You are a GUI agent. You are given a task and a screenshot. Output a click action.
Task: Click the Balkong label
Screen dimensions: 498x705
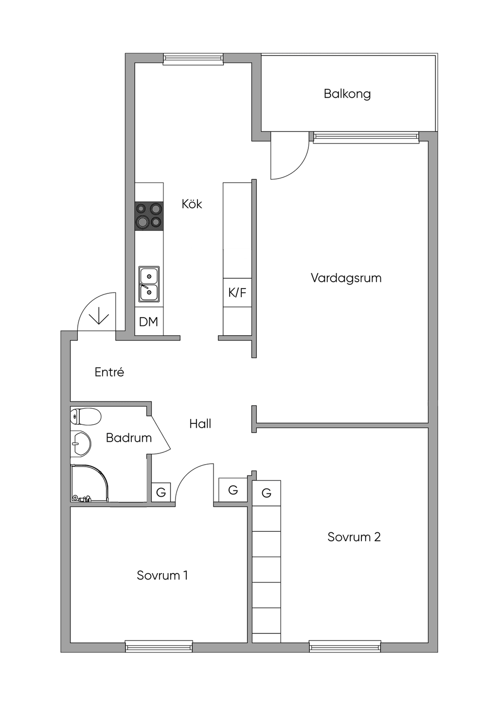[x=347, y=94]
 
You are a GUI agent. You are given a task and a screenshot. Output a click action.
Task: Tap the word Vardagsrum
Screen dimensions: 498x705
[x=346, y=278]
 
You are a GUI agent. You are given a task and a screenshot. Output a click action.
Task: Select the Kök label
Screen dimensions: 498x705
[x=192, y=204]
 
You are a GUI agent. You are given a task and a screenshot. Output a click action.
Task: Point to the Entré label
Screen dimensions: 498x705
[x=109, y=372]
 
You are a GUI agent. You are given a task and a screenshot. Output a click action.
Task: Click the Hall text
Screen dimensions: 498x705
[x=200, y=424]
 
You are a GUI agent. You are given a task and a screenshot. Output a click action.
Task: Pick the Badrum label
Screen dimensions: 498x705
[x=129, y=438]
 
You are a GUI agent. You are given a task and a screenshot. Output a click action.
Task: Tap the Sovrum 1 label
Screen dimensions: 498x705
[x=162, y=575]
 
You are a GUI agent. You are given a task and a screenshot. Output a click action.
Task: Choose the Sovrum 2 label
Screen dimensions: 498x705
[x=354, y=537]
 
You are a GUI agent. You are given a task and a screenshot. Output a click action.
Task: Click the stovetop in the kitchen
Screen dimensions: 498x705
[x=149, y=216]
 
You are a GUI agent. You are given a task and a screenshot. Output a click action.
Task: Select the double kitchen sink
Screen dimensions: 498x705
[x=149, y=284]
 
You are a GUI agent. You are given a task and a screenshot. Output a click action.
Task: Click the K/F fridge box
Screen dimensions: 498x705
[x=237, y=293]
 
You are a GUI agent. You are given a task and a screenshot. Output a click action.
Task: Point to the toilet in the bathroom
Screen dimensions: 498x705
[x=85, y=417]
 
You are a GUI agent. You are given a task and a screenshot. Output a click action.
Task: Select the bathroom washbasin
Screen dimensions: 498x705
[x=81, y=444]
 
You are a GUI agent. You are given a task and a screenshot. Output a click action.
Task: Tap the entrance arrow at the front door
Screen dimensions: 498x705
[x=99, y=319]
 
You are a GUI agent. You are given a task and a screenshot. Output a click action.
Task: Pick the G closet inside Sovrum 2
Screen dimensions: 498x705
[x=267, y=493]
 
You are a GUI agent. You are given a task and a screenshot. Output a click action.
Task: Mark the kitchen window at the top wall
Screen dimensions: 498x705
[x=193, y=59]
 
